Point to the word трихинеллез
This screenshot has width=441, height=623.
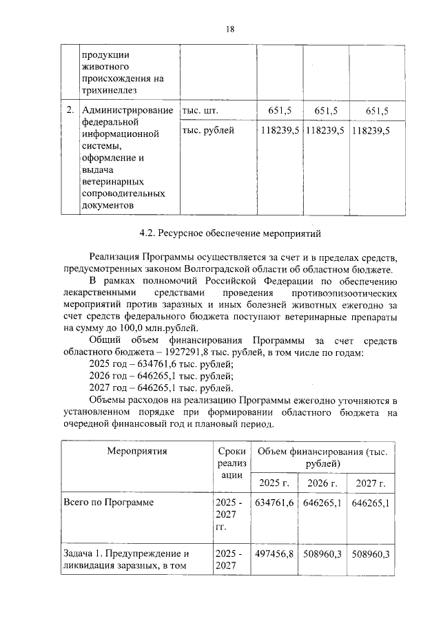tap(110, 89)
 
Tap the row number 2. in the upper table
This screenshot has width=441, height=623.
tap(70, 111)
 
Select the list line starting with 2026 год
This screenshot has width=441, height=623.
tap(161, 376)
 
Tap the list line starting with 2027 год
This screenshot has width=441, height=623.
tap(161, 388)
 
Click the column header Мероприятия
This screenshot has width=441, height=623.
tap(136, 452)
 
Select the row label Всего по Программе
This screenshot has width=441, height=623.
tap(107, 503)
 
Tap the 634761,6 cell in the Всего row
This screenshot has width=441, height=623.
tap(275, 503)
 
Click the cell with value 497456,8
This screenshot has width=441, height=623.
tap(275, 553)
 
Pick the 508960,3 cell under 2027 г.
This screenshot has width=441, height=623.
tap(371, 553)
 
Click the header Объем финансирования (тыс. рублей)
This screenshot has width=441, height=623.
tap(322, 458)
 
